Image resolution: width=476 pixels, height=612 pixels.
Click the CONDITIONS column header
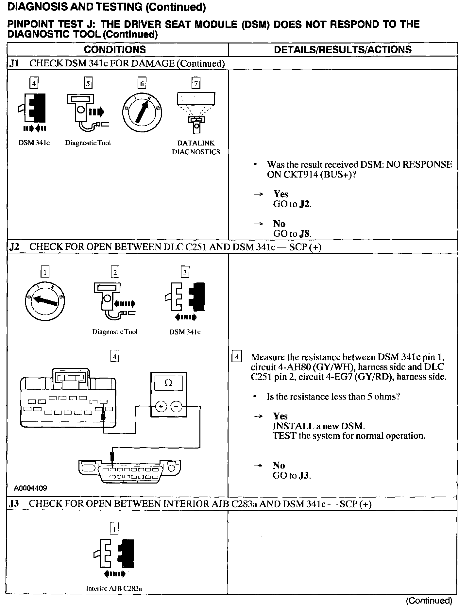point(115,50)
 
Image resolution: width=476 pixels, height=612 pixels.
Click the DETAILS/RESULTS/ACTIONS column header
point(343,50)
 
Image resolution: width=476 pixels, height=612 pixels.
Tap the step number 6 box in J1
point(142,84)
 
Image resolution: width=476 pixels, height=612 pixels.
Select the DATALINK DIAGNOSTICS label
point(196,147)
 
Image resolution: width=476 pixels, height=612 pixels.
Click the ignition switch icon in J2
point(45,301)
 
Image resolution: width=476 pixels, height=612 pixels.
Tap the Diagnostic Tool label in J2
point(115,332)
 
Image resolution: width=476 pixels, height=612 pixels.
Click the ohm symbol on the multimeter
point(168,383)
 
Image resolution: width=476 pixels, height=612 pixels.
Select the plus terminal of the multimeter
point(161,407)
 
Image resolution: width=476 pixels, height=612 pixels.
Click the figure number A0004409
point(30,488)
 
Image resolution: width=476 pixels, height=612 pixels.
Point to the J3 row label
point(14,504)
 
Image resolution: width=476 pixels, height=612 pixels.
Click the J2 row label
point(14,247)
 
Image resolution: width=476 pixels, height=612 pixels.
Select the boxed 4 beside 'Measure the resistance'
point(237,356)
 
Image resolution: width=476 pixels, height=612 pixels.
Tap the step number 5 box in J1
point(88,84)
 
